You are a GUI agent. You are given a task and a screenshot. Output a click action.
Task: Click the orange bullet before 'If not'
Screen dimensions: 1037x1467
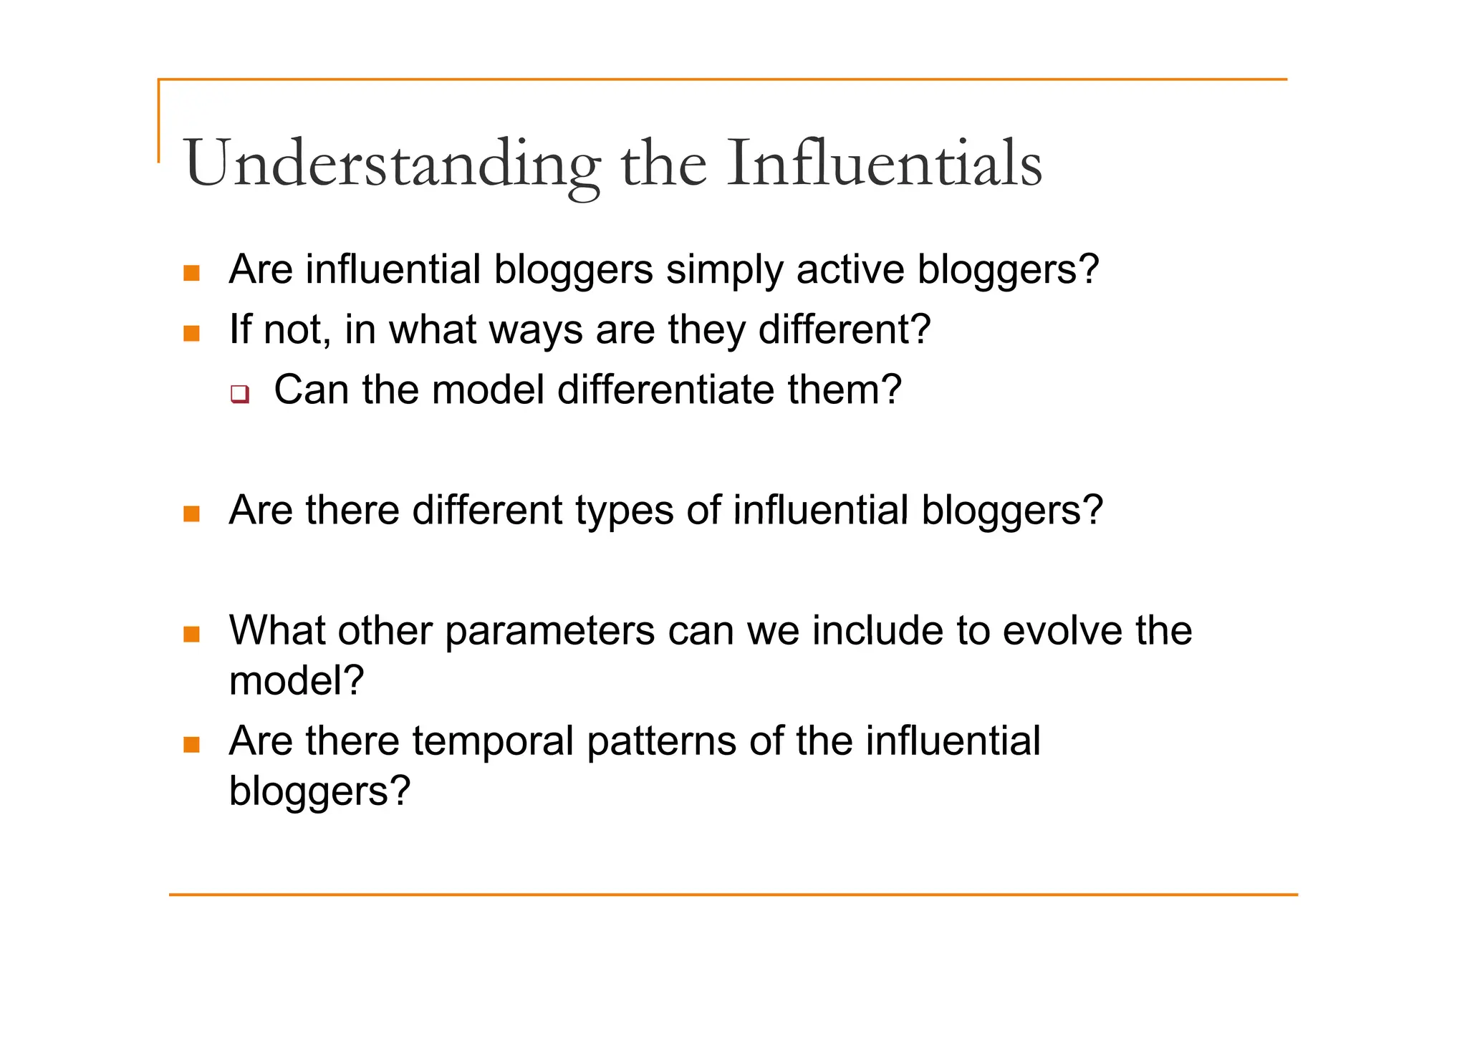(x=191, y=334)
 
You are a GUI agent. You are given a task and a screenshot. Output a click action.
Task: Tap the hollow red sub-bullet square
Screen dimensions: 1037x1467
(x=240, y=394)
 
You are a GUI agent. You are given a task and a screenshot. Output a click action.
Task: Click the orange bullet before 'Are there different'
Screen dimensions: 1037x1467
(x=191, y=514)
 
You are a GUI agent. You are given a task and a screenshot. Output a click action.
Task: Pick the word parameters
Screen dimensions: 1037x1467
(x=549, y=632)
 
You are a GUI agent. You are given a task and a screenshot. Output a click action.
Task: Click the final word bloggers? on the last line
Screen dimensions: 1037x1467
(x=319, y=791)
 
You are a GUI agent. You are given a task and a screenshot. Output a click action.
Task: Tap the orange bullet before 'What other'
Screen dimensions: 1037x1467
(x=191, y=635)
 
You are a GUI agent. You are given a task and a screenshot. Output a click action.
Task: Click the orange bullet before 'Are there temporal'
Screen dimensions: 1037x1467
(x=191, y=745)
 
